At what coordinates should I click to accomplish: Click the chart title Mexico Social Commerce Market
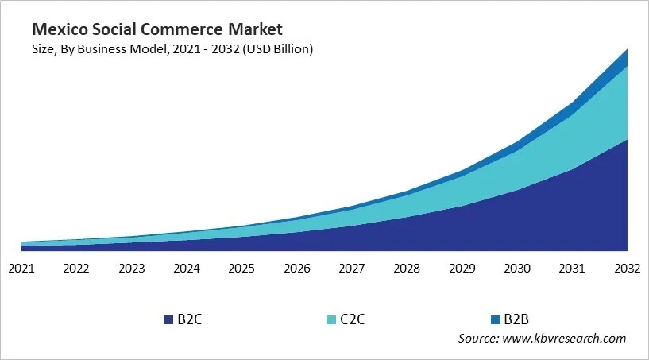[156, 30]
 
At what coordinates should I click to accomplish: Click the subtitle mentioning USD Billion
[172, 49]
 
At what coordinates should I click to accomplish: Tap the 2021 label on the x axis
[21, 269]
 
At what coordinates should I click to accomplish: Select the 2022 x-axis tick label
[76, 269]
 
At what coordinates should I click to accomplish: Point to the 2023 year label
[131, 269]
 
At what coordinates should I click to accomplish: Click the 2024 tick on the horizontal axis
[187, 269]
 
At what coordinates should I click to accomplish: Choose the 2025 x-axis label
[241, 269]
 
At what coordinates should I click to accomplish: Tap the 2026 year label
[297, 269]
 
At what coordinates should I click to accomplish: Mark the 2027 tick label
[352, 269]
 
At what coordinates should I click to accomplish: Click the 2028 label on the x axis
[408, 269]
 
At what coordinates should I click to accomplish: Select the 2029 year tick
[462, 269]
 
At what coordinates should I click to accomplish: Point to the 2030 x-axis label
[518, 269]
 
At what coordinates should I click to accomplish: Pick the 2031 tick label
[573, 269]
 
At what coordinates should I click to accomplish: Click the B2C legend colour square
[168, 319]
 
